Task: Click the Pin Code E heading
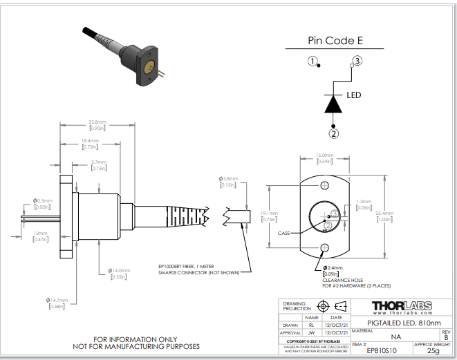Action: tap(335, 40)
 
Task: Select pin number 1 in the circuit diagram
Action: tap(313, 62)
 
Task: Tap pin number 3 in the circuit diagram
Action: tap(357, 61)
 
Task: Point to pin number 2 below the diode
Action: tap(334, 133)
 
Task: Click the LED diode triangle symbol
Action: tap(334, 103)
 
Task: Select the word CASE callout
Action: tap(284, 234)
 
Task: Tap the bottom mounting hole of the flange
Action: tap(324, 248)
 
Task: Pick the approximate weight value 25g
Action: tap(433, 351)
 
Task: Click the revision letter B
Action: tap(445, 337)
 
